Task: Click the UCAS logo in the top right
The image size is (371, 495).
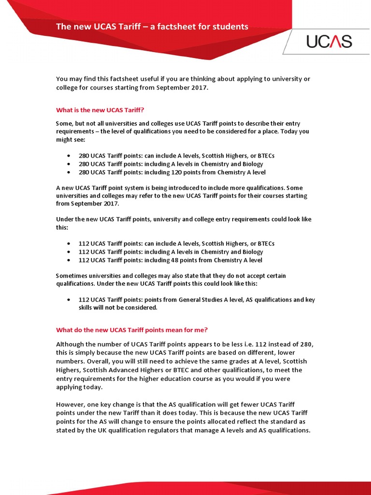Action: [x=329, y=42]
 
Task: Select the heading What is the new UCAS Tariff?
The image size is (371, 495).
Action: [x=100, y=110]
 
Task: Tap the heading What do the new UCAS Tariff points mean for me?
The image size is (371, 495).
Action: [x=132, y=330]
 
